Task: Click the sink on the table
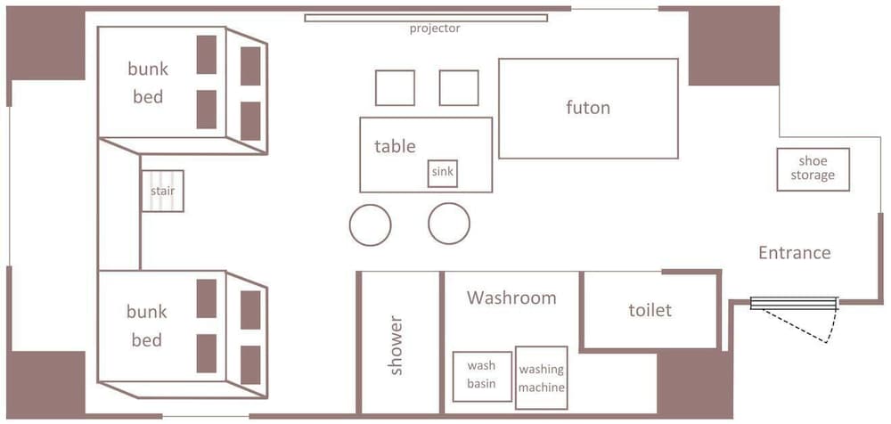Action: (x=443, y=174)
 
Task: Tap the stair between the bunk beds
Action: (x=162, y=191)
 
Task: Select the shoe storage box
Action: (x=813, y=169)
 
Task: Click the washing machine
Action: (x=542, y=378)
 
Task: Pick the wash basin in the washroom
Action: (x=482, y=377)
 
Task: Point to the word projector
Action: (x=435, y=29)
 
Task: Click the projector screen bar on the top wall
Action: (x=426, y=18)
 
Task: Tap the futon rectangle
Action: (x=589, y=109)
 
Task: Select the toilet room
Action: (x=650, y=310)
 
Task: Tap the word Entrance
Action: (x=795, y=252)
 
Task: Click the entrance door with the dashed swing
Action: (x=794, y=304)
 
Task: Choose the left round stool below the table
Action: (x=370, y=224)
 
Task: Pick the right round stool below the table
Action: (x=449, y=224)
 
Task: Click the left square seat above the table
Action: (x=395, y=88)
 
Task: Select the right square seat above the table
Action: (x=459, y=88)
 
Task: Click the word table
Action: (x=395, y=146)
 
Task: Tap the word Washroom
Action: (x=511, y=298)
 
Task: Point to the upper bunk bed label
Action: (x=148, y=83)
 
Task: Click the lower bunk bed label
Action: (x=147, y=326)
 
